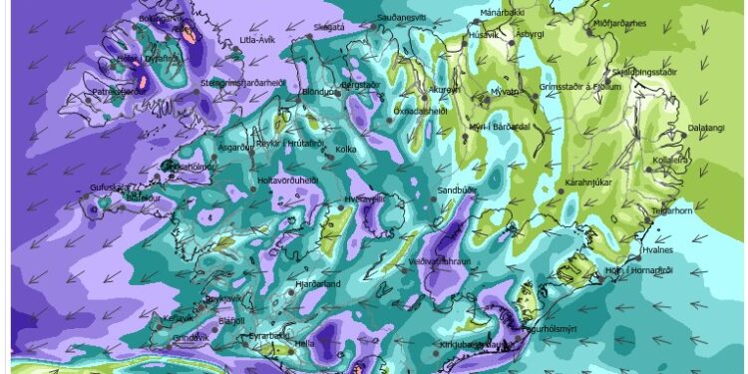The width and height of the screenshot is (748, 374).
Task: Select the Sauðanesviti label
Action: pyautogui.click(x=402, y=18)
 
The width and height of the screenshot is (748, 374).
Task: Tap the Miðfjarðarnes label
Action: pyautogui.click(x=619, y=22)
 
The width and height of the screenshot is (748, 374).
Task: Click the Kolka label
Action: pyautogui.click(x=346, y=150)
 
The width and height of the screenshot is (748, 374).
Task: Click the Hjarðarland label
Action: pyautogui.click(x=320, y=284)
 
